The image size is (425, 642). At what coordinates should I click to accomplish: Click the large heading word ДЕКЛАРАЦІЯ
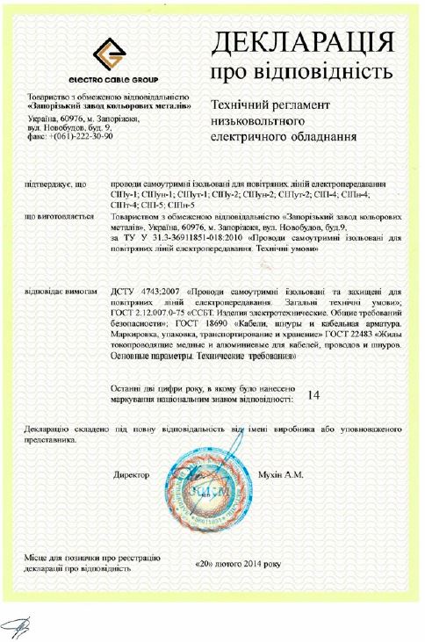tap(302, 41)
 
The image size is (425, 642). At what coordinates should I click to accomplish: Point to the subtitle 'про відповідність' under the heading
tap(301, 69)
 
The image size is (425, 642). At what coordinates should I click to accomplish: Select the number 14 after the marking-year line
tap(313, 394)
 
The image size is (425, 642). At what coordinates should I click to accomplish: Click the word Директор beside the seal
tap(132, 474)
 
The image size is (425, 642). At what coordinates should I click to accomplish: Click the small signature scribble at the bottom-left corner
tap(17, 625)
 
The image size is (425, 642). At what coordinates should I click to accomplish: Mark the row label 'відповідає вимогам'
tap(62, 290)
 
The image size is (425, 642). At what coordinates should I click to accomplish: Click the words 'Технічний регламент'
tap(266, 105)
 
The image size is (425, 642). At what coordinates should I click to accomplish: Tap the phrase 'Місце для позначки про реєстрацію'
tap(93, 558)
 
